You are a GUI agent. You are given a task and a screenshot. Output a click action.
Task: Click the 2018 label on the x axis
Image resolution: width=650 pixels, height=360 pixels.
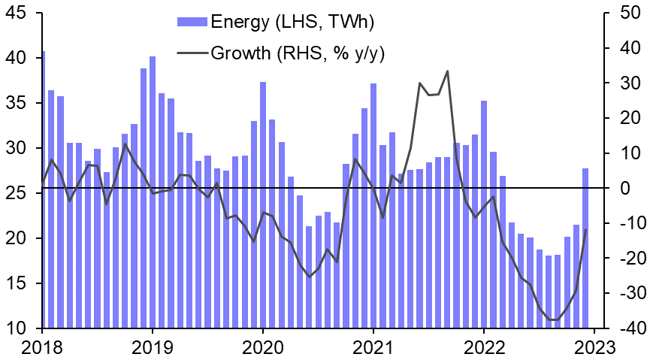tap(42, 348)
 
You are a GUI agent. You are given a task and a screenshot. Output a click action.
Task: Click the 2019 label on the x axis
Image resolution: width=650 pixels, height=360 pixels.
tap(153, 348)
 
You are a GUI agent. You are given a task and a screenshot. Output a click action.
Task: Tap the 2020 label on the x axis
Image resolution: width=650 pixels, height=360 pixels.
tap(263, 348)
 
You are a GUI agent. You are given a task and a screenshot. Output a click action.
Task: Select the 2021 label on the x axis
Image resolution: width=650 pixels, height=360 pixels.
tap(373, 348)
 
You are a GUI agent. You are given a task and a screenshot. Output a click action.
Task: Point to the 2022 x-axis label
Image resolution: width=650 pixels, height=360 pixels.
tap(484, 348)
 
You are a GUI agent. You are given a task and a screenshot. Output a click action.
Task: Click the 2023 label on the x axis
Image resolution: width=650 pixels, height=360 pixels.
tap(594, 348)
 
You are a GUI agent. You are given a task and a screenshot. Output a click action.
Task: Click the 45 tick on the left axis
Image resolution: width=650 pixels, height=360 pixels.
tap(17, 13)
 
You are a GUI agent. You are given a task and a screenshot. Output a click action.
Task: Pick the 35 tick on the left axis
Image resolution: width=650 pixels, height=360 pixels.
tap(17, 103)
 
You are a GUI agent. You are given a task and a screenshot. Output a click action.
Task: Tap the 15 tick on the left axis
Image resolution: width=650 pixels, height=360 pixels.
tap(17, 283)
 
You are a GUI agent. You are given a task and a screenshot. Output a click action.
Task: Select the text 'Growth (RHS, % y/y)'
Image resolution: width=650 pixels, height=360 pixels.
tap(298, 53)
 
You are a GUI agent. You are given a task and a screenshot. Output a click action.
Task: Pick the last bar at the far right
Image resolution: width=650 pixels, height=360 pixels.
tap(585, 248)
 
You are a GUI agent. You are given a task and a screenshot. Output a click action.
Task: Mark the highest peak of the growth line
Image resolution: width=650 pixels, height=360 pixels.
tap(447, 71)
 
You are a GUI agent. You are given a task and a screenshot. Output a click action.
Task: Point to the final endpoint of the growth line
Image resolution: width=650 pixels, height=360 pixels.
tap(585, 229)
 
